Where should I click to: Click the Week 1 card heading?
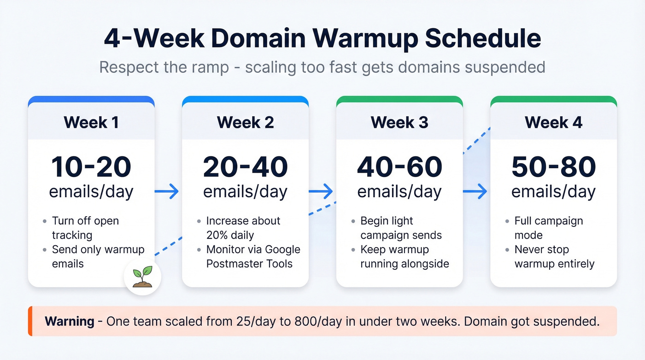[91, 122]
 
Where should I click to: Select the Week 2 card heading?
[245, 122]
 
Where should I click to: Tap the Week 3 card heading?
[399, 122]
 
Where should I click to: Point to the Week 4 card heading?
[553, 122]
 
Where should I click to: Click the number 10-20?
[91, 167]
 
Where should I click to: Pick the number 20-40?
[245, 167]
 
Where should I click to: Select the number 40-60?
[399, 167]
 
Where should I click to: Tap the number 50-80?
[553, 167]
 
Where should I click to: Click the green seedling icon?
[142, 277]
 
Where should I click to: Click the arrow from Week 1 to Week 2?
[167, 191]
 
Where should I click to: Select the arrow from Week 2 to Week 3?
[321, 191]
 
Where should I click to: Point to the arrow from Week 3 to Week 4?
[475, 191]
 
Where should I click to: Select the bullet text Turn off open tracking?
[85, 228]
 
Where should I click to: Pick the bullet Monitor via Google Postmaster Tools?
[253, 257]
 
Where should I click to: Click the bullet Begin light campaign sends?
[401, 228]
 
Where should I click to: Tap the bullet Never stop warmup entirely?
[554, 257]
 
